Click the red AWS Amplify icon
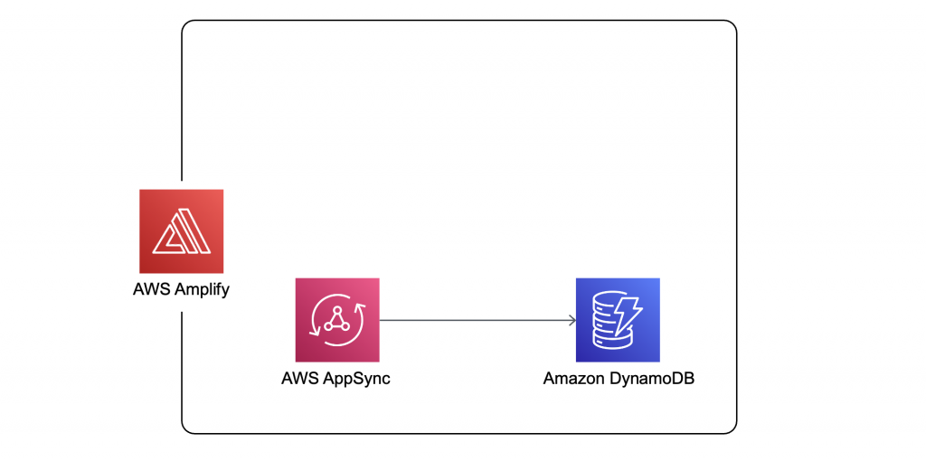coord(181,230)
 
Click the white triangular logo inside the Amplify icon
coord(181,231)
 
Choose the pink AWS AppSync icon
coord(336,320)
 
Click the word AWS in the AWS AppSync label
coord(299,379)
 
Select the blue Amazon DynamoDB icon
coord(618,320)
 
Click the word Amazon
coord(572,379)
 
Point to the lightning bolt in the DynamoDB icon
coord(629,310)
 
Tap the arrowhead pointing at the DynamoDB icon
coord(572,320)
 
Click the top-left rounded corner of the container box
coord(186,25)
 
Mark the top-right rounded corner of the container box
coord(732,25)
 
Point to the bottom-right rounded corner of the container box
coord(732,428)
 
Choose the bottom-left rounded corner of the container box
coord(186,428)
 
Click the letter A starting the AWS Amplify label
coord(138,291)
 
